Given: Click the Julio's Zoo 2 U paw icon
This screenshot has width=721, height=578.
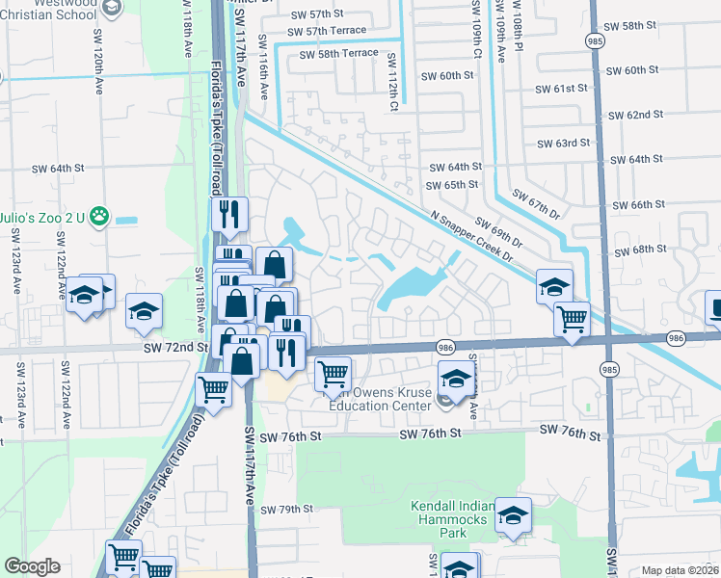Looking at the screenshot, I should pyautogui.click(x=98, y=219).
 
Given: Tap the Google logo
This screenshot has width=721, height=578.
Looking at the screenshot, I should pyautogui.click(x=32, y=566).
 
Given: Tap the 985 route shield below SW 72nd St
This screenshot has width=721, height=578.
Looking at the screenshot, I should pyautogui.click(x=609, y=368).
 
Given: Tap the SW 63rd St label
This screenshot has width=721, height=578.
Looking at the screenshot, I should pyautogui.click(x=564, y=143).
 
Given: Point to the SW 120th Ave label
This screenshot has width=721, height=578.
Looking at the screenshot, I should pyautogui.click(x=97, y=72).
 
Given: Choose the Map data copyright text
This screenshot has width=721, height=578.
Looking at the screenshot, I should pyautogui.click(x=680, y=570).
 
